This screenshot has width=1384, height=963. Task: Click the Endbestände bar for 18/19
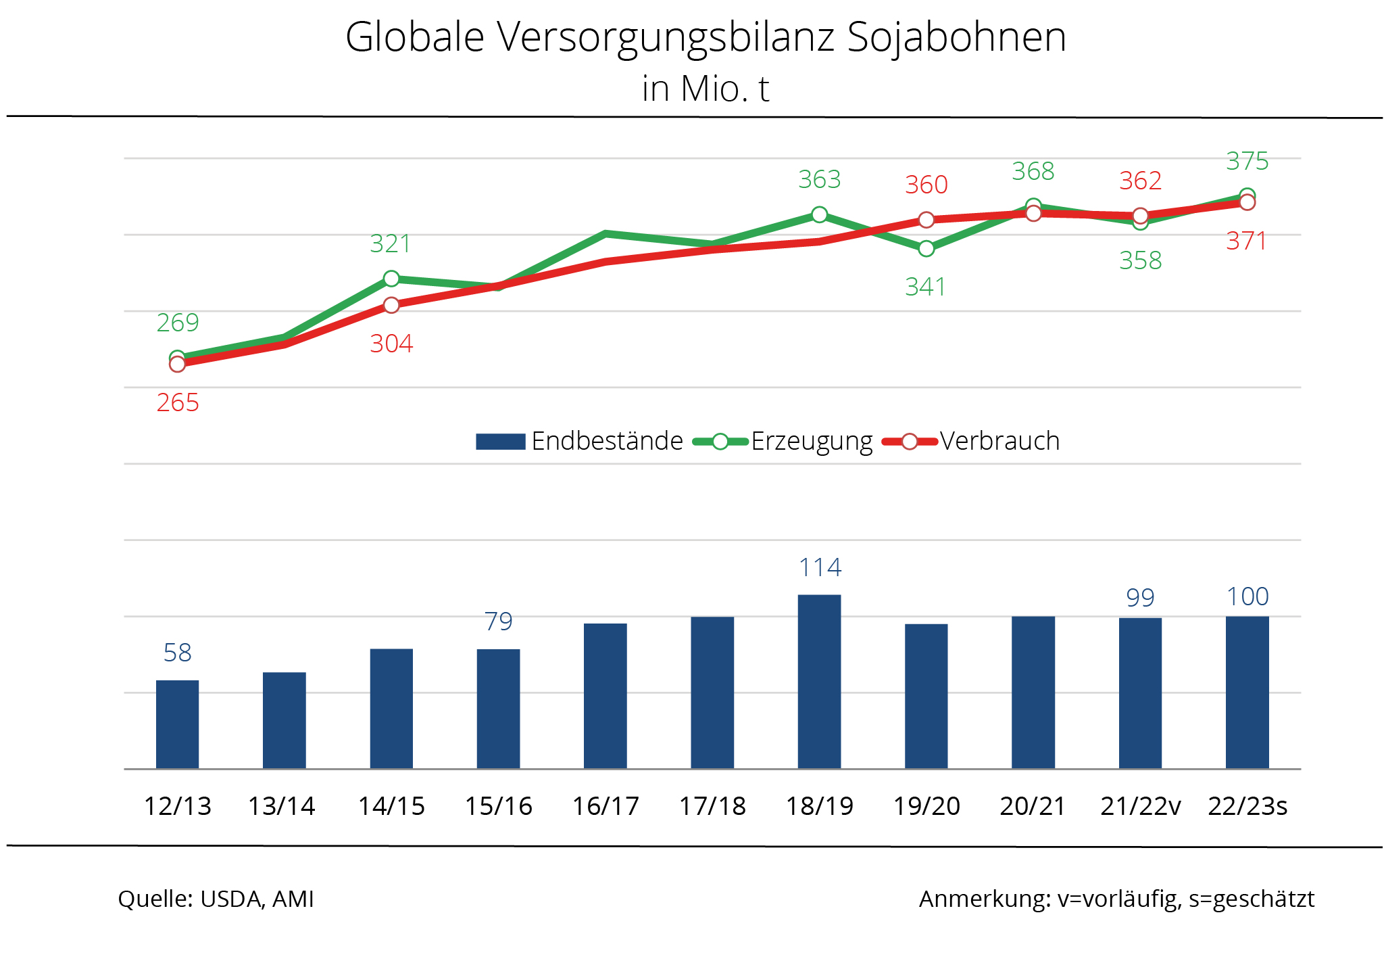(x=819, y=682)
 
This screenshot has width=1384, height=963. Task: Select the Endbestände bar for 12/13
(x=177, y=724)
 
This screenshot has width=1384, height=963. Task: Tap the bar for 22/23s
(x=1247, y=692)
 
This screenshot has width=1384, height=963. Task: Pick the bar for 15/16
(x=498, y=709)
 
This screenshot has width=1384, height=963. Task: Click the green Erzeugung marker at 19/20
(x=926, y=249)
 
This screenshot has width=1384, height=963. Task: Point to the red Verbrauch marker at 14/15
(x=391, y=305)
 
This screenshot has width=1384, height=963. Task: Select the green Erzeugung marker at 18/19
(x=819, y=215)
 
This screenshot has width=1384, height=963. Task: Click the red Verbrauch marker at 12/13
(x=177, y=365)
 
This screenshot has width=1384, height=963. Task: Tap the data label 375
(x=1247, y=161)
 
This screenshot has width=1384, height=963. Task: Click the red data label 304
(x=391, y=344)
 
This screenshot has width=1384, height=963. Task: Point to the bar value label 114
(x=820, y=567)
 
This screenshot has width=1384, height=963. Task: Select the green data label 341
(x=925, y=287)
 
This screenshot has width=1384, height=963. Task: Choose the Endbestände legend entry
(x=580, y=441)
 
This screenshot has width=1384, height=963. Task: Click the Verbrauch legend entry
(x=972, y=441)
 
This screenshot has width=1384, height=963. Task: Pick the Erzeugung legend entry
(x=784, y=441)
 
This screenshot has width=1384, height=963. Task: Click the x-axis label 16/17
(x=605, y=806)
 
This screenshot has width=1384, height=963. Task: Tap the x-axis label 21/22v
(x=1140, y=806)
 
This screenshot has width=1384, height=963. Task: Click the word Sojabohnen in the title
(x=956, y=37)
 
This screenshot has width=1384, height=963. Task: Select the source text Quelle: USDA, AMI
(x=216, y=899)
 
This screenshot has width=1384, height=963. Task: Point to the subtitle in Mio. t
(x=705, y=89)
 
